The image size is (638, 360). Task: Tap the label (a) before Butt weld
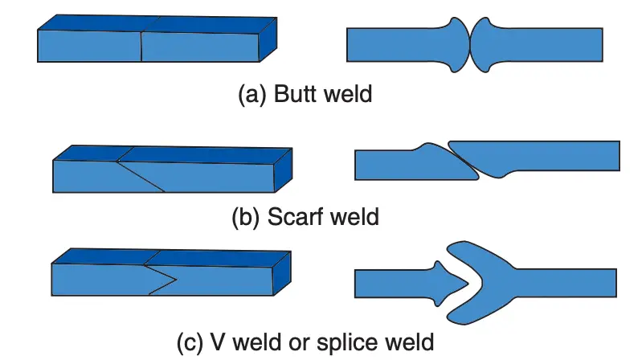coord(253,95)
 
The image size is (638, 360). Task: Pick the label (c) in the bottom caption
coord(190,342)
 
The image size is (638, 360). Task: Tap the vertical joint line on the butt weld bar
coord(141,47)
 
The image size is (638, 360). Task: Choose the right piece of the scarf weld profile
coord(546,156)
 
